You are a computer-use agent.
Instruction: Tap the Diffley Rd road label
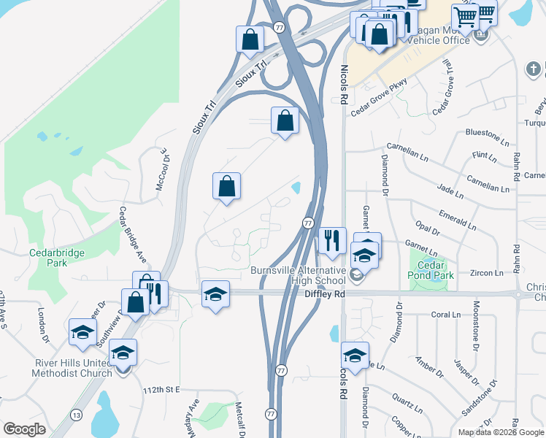(324, 294)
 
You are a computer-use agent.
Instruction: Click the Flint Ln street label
(484, 155)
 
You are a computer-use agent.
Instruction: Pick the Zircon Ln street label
(488, 273)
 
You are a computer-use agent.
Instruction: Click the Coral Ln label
(444, 315)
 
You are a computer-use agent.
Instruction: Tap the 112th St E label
(161, 390)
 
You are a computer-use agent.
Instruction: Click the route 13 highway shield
(76, 414)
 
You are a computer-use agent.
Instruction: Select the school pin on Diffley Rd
(215, 294)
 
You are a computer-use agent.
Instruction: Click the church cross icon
(532, 69)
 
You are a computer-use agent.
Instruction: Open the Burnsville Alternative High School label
(298, 275)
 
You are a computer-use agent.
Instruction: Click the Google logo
(24, 429)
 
